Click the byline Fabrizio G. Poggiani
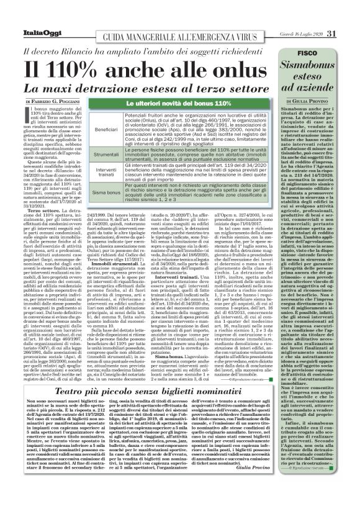click(x=61, y=100)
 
